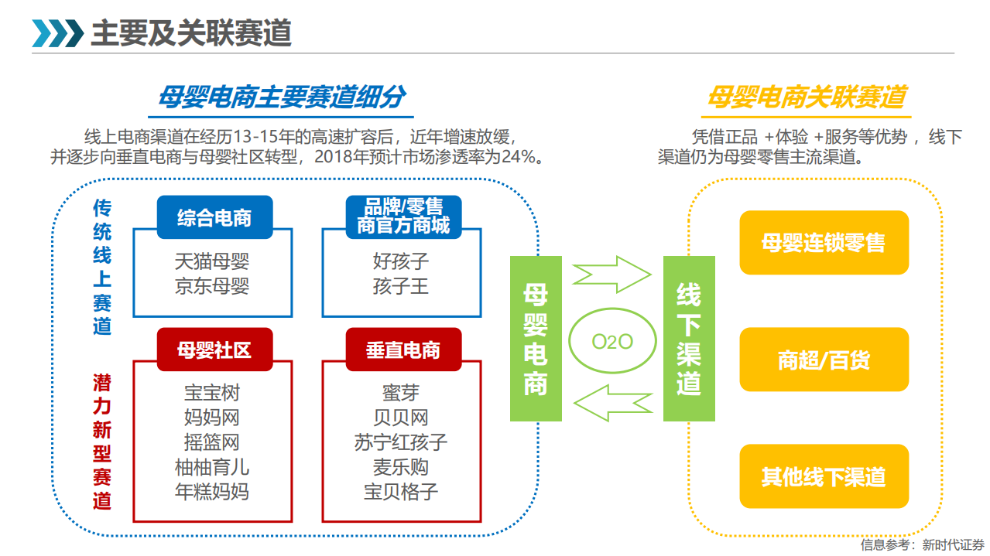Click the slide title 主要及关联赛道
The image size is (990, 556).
coord(191,33)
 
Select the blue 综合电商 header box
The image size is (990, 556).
coord(214,217)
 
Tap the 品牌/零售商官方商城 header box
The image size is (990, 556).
coord(403,217)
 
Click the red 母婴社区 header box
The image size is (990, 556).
coord(214,350)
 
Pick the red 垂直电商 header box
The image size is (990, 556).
coord(403,350)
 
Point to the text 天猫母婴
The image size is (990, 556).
coord(212,261)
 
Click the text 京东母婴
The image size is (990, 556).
coord(212,286)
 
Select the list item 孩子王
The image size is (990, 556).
coord(401,286)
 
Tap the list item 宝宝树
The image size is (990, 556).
coord(212,393)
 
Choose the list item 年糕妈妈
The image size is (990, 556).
coord(212,491)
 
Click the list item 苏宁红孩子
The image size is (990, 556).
coord(401,442)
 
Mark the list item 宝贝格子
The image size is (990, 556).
coord(401,491)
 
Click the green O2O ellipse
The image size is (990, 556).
coord(612,342)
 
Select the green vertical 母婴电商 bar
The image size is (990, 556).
coord(536,339)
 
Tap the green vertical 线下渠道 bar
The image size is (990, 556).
coord(688,339)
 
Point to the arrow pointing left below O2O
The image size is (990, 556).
coord(611,405)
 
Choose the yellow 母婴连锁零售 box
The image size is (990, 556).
coord(824,243)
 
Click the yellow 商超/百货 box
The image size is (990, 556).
coord(824,360)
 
